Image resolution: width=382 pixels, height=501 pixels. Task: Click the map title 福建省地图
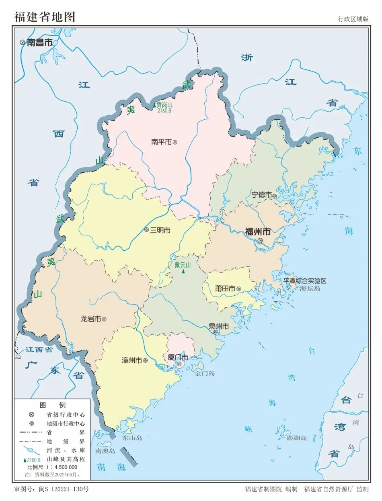pyautogui.click(x=45, y=17)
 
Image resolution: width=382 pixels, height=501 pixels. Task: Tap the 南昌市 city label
pyautogui.click(x=39, y=42)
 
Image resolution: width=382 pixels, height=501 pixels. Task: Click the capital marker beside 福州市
pyautogui.click(x=260, y=240)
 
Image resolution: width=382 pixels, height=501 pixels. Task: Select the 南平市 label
pyautogui.click(x=161, y=142)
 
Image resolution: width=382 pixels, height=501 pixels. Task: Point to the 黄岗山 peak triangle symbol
pyautogui.click(x=154, y=105)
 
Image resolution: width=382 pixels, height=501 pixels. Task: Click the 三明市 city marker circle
pyautogui.click(x=147, y=230)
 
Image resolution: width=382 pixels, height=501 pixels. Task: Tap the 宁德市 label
pyautogui.click(x=261, y=195)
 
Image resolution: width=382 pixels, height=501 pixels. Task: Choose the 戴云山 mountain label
pyautogui.click(x=183, y=265)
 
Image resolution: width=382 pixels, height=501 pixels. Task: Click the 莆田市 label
pyautogui.click(x=225, y=288)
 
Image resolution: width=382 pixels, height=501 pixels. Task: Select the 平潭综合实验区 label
pyautogui.click(x=305, y=281)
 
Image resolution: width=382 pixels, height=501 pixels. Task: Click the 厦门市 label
pyautogui.click(x=178, y=357)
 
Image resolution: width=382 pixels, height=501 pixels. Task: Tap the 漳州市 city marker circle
pyautogui.click(x=145, y=361)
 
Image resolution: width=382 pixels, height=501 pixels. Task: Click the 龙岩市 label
pyautogui.click(x=90, y=319)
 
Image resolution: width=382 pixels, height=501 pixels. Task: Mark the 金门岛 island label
pyautogui.click(x=205, y=374)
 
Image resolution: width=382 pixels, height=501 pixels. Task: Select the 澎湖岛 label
pyautogui.click(x=297, y=438)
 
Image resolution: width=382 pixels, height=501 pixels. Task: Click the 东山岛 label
pyautogui.click(x=133, y=438)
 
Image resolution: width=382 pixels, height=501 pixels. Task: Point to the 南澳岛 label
pyautogui.click(x=105, y=451)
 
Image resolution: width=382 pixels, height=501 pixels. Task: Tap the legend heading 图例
pyautogui.click(x=52, y=405)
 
